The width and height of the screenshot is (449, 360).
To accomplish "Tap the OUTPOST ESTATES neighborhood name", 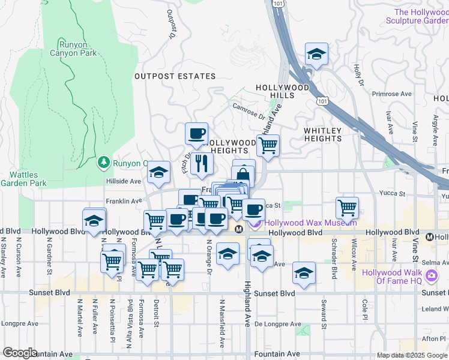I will point(175,76).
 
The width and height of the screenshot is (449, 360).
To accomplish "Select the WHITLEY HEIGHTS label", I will point(322,134).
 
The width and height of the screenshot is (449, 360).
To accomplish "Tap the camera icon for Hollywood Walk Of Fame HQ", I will point(430,276).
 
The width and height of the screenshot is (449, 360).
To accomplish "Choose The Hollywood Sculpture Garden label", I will point(420,16).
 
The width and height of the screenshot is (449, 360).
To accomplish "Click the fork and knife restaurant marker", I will point(201,163).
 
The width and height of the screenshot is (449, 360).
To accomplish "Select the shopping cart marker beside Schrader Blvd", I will point(348,208).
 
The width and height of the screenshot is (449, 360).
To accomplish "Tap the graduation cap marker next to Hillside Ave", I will point(158,173).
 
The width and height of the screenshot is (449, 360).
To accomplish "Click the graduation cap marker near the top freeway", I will point(316,55).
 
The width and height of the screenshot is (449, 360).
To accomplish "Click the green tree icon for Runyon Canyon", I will point(104,163).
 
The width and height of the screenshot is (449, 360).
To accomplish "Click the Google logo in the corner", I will point(20,353).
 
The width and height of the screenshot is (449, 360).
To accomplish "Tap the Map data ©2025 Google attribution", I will point(412,355).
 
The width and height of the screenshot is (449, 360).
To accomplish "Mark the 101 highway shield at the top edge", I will point(276,4).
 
